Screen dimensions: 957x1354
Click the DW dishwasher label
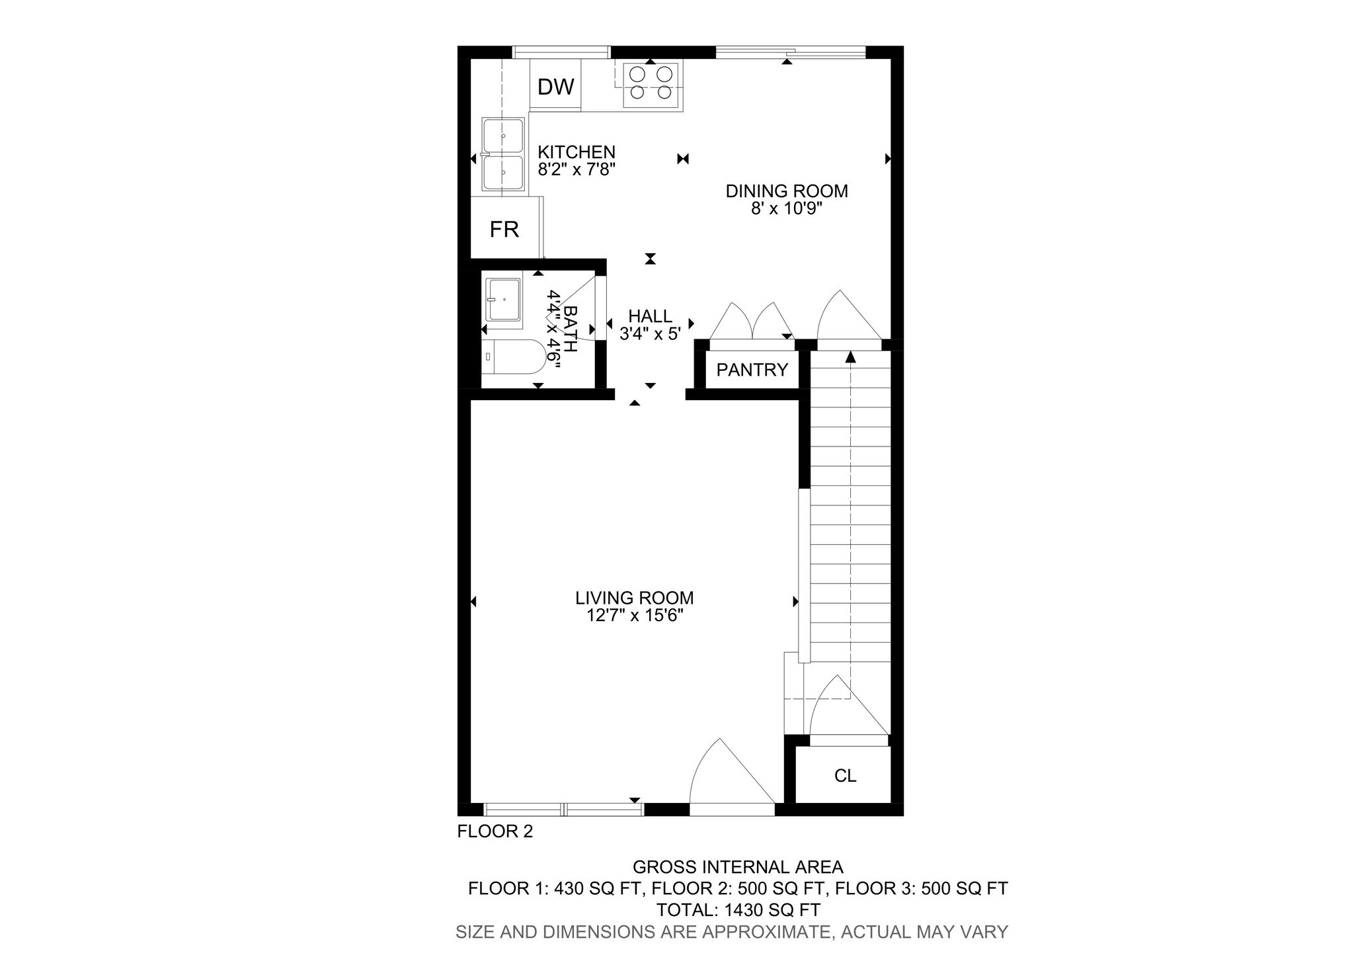[x=555, y=87]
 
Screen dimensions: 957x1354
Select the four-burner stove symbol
[x=651, y=83]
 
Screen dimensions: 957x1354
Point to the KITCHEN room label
[x=576, y=152]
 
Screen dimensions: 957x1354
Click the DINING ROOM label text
[x=786, y=191]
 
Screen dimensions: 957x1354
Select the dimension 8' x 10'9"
[x=786, y=209]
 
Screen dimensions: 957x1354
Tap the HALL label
[x=650, y=316]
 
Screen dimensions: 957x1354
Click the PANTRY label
[x=752, y=370]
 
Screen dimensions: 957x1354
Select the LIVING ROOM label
[x=634, y=598]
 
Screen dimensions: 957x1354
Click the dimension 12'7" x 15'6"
[x=634, y=616]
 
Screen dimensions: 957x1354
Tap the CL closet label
[x=845, y=776]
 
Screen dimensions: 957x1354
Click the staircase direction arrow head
[x=850, y=357]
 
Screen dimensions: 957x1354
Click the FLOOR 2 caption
[x=495, y=831]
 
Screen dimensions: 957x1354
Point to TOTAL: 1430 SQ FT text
[x=738, y=910]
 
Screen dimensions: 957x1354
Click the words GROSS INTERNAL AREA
[x=738, y=866]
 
